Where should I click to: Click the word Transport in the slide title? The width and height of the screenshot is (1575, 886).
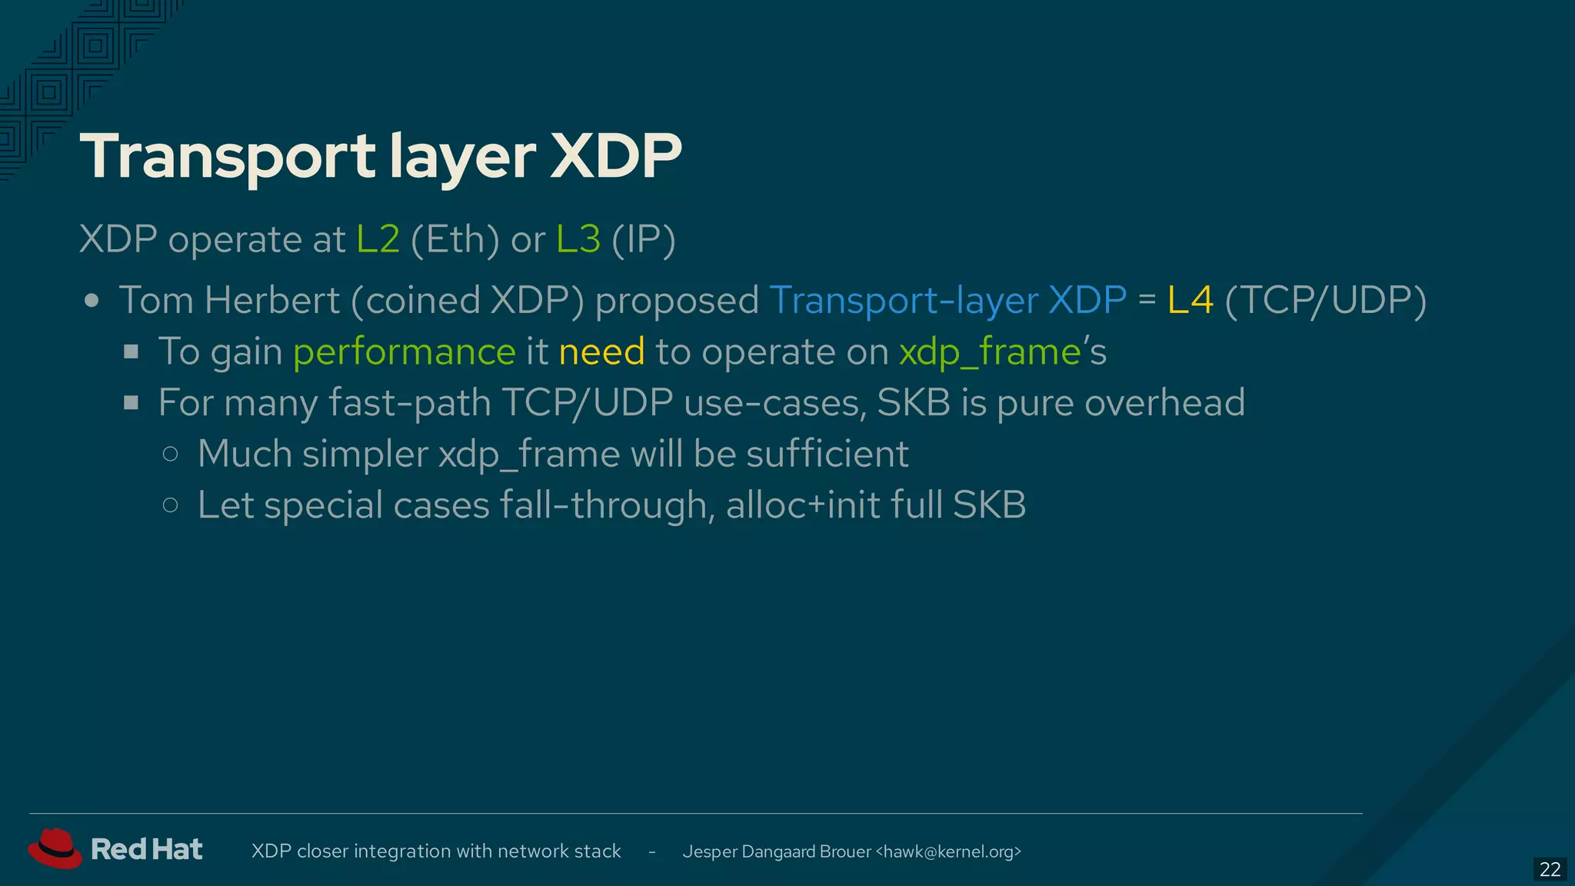point(228,157)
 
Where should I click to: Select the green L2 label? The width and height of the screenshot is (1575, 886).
point(378,239)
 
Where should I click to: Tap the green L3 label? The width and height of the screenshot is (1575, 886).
point(578,239)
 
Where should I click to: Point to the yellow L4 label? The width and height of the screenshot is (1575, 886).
point(1190,300)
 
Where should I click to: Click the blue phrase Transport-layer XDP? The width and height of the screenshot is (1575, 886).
point(947,300)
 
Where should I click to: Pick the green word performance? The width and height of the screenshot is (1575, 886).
point(404,352)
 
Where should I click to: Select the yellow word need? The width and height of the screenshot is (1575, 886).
point(601,352)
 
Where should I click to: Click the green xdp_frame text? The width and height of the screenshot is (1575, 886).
point(991,352)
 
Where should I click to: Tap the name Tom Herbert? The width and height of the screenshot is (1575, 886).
point(229,300)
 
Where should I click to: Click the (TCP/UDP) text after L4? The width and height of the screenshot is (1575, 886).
point(1325,300)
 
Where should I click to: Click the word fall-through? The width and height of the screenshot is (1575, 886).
point(602,505)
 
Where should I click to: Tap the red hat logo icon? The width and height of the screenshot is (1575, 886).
point(55,848)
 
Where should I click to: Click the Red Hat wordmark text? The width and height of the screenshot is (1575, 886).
point(147,849)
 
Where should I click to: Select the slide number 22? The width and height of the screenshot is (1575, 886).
point(1550,869)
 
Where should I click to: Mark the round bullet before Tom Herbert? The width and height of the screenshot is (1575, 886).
point(92,301)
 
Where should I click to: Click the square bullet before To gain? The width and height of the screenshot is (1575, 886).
point(132,352)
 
